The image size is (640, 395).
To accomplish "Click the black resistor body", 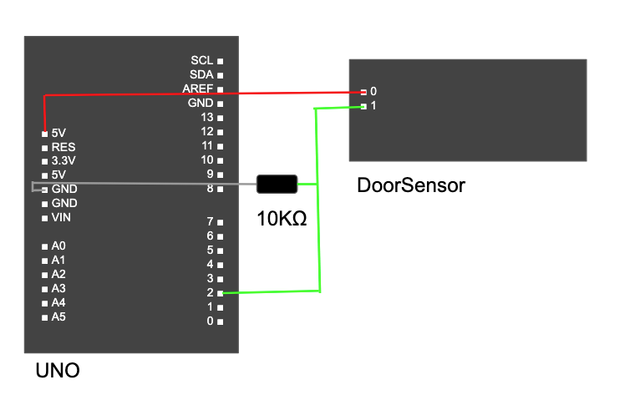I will [x=277, y=185].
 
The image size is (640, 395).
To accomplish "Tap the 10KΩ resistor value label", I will [x=282, y=220].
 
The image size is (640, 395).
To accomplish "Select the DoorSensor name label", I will [x=410, y=185].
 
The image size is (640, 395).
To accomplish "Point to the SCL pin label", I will [x=202, y=61].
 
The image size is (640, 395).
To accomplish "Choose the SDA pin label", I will [x=202, y=75].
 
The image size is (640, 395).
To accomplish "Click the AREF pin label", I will [x=199, y=89].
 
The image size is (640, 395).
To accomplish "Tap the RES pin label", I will [x=63, y=147].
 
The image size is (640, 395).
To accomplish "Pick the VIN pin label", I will [x=62, y=217].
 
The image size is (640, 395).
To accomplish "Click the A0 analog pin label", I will [x=58, y=246].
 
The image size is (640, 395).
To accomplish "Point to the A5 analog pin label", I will [x=58, y=317].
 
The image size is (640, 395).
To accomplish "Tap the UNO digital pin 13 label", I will [x=208, y=117].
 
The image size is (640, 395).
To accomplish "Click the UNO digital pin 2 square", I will [x=221, y=293].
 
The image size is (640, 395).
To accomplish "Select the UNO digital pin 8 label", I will [x=211, y=189].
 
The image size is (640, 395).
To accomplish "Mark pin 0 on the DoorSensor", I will [x=364, y=92].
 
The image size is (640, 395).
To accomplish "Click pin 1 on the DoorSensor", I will [x=364, y=106].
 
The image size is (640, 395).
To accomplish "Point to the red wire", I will [x=209, y=94].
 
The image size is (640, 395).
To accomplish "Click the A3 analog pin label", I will [x=58, y=289].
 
